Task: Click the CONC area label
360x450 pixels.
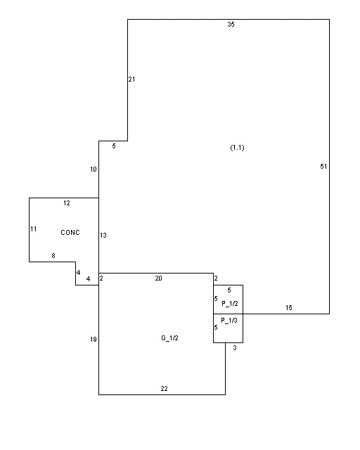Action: [x=70, y=233]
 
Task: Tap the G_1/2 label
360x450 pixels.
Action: [x=169, y=338]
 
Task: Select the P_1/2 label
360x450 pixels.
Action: [x=230, y=303]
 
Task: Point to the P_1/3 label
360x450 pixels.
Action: [x=229, y=321]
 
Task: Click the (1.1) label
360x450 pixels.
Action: [x=237, y=148]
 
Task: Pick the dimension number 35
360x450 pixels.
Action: [x=231, y=25]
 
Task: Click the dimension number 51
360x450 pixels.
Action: [x=323, y=167]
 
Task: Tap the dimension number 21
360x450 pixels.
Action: [x=131, y=79]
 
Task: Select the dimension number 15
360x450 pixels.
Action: [x=289, y=308]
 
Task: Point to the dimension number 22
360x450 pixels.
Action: [x=164, y=389]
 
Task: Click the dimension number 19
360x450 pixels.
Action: [x=94, y=340]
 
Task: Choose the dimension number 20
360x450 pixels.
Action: [x=158, y=278]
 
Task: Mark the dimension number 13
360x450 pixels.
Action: [x=103, y=236]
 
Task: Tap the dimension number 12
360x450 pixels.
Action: [x=67, y=203]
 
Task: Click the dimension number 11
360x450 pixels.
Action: [x=34, y=229]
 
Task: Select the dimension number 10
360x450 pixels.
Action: [x=94, y=169]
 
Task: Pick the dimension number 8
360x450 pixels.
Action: [x=53, y=256]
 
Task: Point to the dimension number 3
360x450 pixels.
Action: [x=235, y=348]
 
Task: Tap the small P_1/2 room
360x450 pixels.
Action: [x=229, y=300]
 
